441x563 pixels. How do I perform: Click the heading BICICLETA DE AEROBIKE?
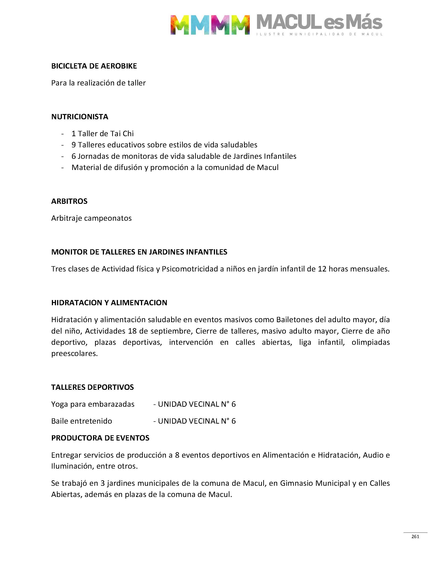click(94, 66)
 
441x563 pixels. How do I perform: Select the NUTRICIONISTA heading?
click(80, 117)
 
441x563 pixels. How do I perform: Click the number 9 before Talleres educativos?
click(74, 145)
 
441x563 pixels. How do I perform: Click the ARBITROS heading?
click(69, 201)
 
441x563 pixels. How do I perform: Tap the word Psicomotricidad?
click(190, 269)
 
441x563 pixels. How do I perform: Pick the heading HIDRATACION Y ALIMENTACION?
click(109, 303)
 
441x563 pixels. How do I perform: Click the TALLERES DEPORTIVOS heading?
click(93, 387)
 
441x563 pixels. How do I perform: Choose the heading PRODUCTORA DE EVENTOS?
click(100, 438)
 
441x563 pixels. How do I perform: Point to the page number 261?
click(415, 536)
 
